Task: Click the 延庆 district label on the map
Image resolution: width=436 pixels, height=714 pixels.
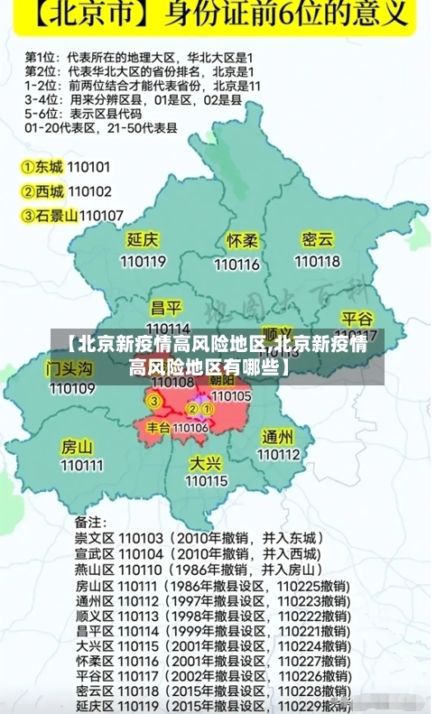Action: (x=143, y=240)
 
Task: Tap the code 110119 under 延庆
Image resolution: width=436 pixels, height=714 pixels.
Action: (x=143, y=261)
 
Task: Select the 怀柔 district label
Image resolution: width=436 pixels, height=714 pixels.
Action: (x=242, y=242)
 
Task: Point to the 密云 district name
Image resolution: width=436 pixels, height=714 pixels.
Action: (x=318, y=240)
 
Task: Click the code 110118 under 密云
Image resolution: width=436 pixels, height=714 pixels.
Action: (x=318, y=261)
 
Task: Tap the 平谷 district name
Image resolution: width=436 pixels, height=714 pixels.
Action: (x=357, y=320)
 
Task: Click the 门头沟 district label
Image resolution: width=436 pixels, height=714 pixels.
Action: (x=70, y=368)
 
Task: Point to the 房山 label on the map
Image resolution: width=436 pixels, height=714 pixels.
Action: (x=77, y=446)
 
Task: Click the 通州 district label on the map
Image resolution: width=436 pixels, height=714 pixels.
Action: (x=277, y=436)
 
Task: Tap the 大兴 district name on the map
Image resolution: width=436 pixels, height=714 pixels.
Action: (x=205, y=462)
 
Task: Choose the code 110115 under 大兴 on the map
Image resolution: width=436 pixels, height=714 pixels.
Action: (x=207, y=481)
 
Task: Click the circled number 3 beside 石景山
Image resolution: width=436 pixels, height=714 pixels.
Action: (x=28, y=215)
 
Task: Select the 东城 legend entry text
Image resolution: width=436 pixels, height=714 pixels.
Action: (x=50, y=167)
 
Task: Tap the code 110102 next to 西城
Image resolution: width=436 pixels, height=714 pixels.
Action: (x=89, y=191)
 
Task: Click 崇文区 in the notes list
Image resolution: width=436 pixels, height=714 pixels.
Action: (x=93, y=537)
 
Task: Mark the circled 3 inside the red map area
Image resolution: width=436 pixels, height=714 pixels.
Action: (x=154, y=401)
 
